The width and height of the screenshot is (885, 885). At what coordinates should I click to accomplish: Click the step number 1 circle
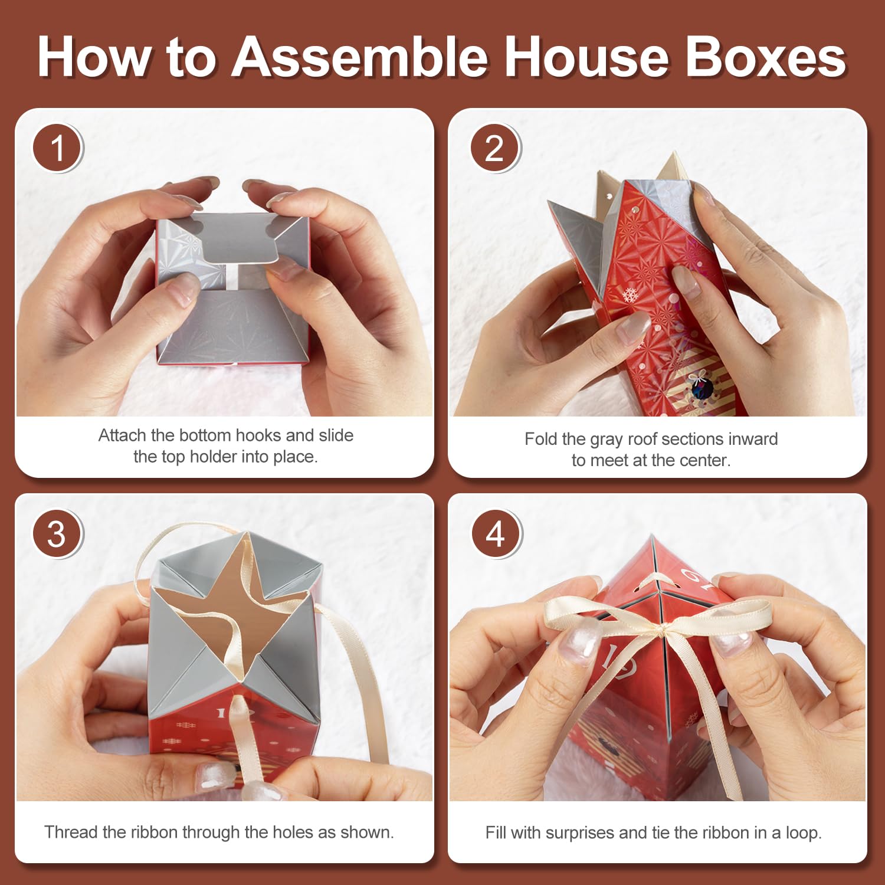(58, 147)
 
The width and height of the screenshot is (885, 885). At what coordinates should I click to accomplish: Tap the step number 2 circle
(496, 147)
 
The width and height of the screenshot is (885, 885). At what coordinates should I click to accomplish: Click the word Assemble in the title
(360, 57)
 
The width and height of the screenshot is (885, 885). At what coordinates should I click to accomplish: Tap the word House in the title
(586, 57)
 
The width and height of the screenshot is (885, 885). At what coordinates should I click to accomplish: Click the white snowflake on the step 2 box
(630, 294)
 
